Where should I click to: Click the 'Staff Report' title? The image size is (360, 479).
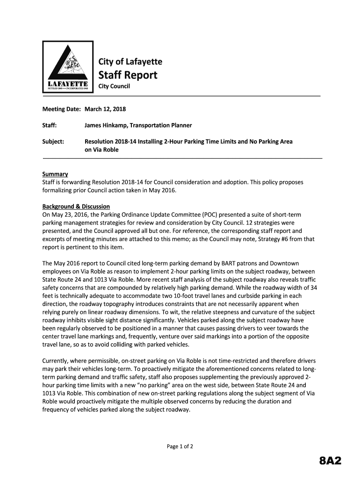127,75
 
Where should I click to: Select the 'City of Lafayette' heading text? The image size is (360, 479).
130,62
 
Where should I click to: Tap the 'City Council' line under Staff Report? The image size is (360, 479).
114,87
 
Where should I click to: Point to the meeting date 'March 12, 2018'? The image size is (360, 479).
105,109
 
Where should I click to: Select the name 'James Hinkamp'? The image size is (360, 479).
105,125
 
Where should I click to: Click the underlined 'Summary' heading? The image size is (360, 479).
55,174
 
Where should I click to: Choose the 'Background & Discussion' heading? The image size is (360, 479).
76,206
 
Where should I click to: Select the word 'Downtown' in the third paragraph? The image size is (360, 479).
285,264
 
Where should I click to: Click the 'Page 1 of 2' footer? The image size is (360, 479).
180,447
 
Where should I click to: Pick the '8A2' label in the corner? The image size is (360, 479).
330,462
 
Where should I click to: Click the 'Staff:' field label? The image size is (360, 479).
50,125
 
